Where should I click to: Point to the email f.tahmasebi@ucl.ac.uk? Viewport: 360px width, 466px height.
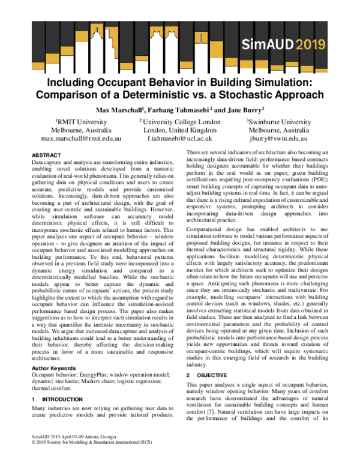click(180, 138)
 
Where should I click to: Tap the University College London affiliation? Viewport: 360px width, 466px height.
click(180, 122)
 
